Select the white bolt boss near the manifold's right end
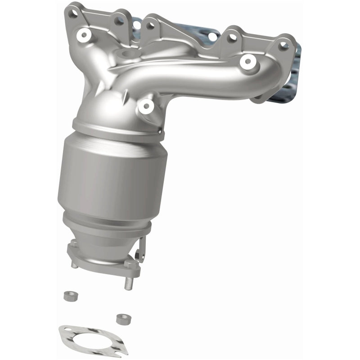coord(247,62)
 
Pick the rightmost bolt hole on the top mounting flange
coord(283,44)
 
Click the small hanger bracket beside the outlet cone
coord(142,250)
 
